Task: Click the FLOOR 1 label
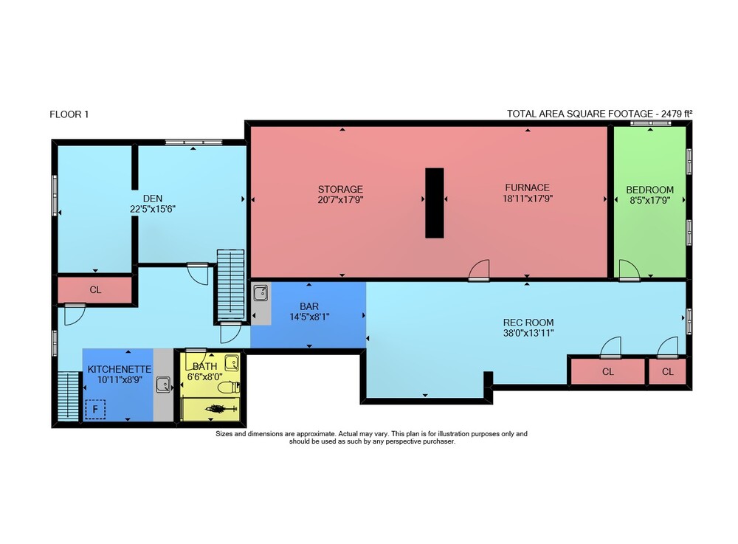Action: pyautogui.click(x=69, y=114)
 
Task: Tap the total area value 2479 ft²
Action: pyautogui.click(x=676, y=114)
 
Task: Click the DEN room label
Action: pyautogui.click(x=153, y=199)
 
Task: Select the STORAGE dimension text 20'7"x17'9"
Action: pyautogui.click(x=340, y=199)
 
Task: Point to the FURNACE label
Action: pyautogui.click(x=527, y=187)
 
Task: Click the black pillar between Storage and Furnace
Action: pyautogui.click(x=435, y=203)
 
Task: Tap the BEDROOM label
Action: pyautogui.click(x=649, y=190)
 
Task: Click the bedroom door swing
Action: pyautogui.click(x=630, y=270)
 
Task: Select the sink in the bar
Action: pyautogui.click(x=261, y=293)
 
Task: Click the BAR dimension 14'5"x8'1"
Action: pyautogui.click(x=308, y=317)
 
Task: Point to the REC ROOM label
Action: pyautogui.click(x=528, y=323)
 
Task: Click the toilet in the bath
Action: pyautogui.click(x=230, y=388)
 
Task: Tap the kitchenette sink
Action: pyautogui.click(x=163, y=385)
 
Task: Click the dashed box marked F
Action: pyautogui.click(x=95, y=410)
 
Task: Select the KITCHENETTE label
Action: pyautogui.click(x=119, y=369)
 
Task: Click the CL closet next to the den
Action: pyautogui.click(x=95, y=290)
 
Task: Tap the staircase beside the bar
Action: pyautogui.click(x=230, y=285)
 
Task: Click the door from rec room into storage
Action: pyautogui.click(x=479, y=271)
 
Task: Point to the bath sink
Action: pyautogui.click(x=231, y=363)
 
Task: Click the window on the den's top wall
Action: pyautogui.click(x=193, y=142)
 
